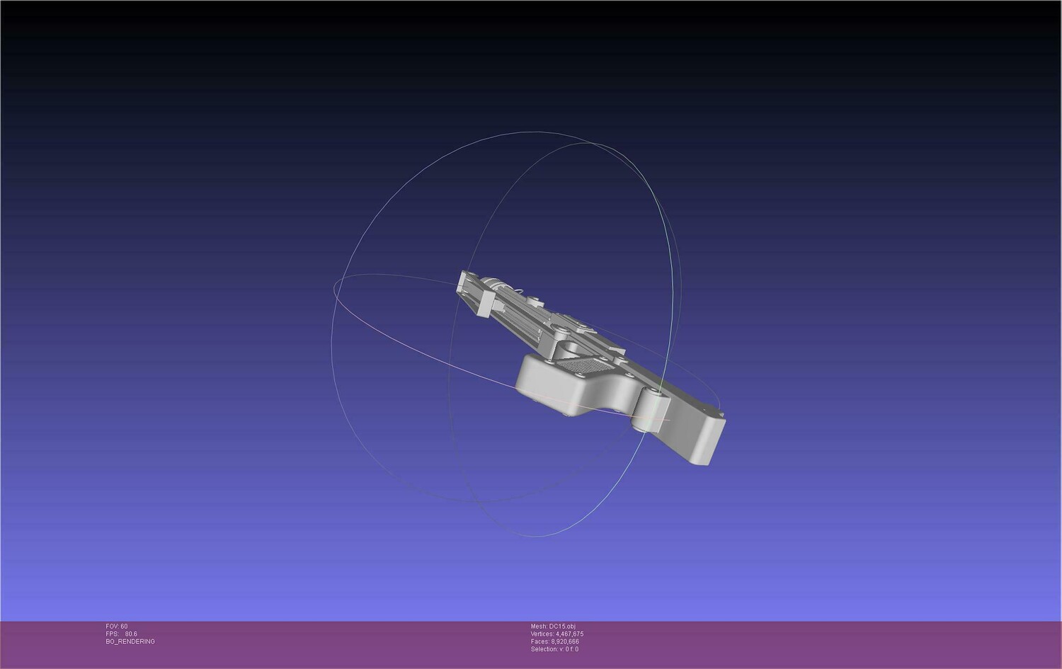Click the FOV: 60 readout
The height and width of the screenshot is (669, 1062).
(x=117, y=627)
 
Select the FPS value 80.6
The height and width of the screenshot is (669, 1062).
(x=131, y=634)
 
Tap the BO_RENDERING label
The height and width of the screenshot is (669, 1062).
(x=130, y=641)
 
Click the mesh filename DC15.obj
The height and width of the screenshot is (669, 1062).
(x=562, y=627)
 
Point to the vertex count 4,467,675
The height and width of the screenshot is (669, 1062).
(x=570, y=634)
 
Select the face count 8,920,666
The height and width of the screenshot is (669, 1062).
(x=565, y=641)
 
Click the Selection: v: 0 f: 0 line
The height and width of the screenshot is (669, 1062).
(x=554, y=649)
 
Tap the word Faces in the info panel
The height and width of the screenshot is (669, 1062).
(x=539, y=641)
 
